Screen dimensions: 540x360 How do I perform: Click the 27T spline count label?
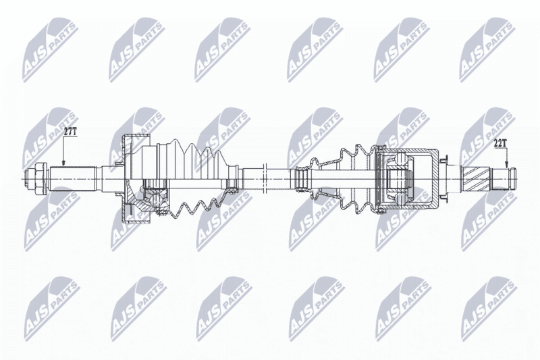[71, 130]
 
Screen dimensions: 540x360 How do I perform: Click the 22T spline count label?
[500, 143]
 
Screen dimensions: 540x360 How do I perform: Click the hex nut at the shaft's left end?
[38, 179]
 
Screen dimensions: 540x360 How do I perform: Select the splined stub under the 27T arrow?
[74, 179]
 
